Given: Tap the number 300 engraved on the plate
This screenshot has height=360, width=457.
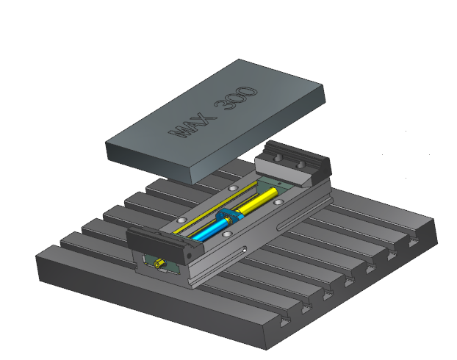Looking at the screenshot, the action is [x=236, y=98].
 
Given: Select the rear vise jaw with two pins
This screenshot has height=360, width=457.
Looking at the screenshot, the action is [x=293, y=163].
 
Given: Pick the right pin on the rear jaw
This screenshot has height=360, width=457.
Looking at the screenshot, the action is [x=300, y=165].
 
